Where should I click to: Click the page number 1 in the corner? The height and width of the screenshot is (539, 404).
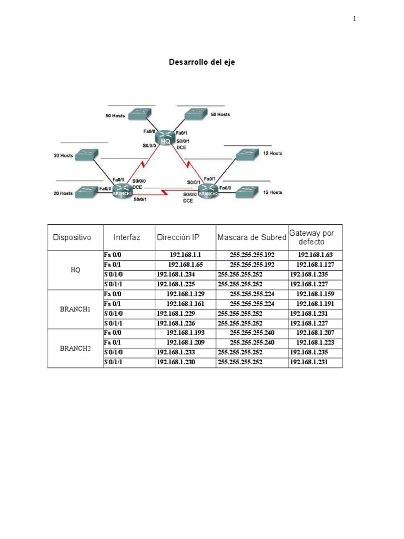pyautogui.click(x=355, y=19)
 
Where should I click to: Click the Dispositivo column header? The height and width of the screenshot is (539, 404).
pyautogui.click(x=72, y=237)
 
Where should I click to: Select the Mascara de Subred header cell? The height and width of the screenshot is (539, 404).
pyautogui.click(x=252, y=237)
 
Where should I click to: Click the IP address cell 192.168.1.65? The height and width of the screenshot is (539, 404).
pyautogui.click(x=185, y=265)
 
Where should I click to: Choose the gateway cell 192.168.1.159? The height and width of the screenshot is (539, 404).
pyautogui.click(x=315, y=294)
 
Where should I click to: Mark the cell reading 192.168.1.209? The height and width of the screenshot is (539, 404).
pyautogui.click(x=185, y=343)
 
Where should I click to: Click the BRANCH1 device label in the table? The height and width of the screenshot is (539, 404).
pyautogui.click(x=75, y=309)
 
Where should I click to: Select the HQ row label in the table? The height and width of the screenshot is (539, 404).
pyautogui.click(x=75, y=270)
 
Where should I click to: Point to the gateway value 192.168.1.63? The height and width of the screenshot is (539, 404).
pyautogui.click(x=315, y=255)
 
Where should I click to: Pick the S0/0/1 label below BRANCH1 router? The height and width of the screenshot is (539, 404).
pyautogui.click(x=140, y=199)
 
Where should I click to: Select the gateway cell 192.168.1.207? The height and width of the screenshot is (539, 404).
pyautogui.click(x=315, y=333)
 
